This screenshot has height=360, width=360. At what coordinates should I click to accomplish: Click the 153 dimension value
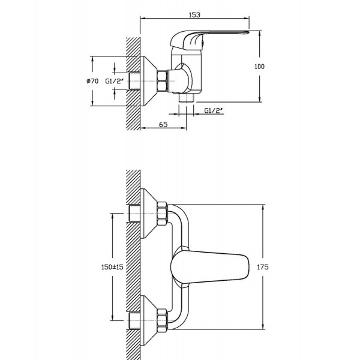pyautogui.click(x=194, y=14)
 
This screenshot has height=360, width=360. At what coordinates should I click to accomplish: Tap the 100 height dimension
pyautogui.click(x=259, y=67)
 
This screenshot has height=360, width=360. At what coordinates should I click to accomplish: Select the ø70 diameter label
pyautogui.click(x=92, y=81)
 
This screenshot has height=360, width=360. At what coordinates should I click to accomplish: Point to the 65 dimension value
pyautogui.click(x=163, y=124)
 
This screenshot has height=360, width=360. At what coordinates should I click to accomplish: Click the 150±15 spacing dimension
pyautogui.click(x=112, y=267)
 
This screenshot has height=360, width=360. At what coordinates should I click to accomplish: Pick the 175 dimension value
pyautogui.click(x=262, y=267)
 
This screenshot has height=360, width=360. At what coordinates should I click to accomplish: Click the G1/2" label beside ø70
pyautogui.click(x=115, y=81)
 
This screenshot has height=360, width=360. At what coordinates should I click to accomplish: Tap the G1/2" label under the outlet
pyautogui.click(x=214, y=110)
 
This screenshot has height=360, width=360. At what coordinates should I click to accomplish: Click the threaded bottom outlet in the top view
pyautogui.click(x=186, y=98)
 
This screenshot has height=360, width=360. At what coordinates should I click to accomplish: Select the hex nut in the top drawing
pyautogui.click(x=162, y=80)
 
